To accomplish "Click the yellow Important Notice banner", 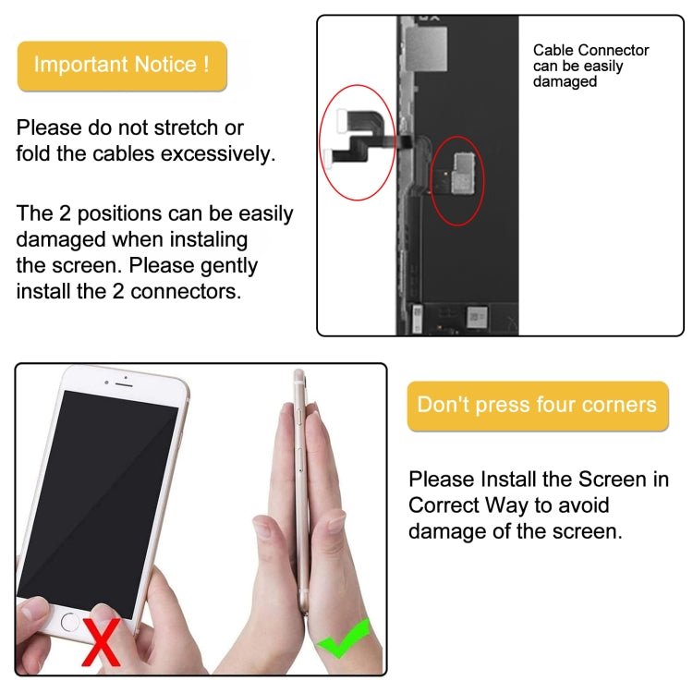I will point(122,66).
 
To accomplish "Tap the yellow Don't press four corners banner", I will point(537,405).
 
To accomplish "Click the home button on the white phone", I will point(70,622).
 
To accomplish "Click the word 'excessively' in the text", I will point(218,153).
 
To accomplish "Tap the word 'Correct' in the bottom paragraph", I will point(448,505).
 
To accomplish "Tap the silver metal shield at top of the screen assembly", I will point(432,42).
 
